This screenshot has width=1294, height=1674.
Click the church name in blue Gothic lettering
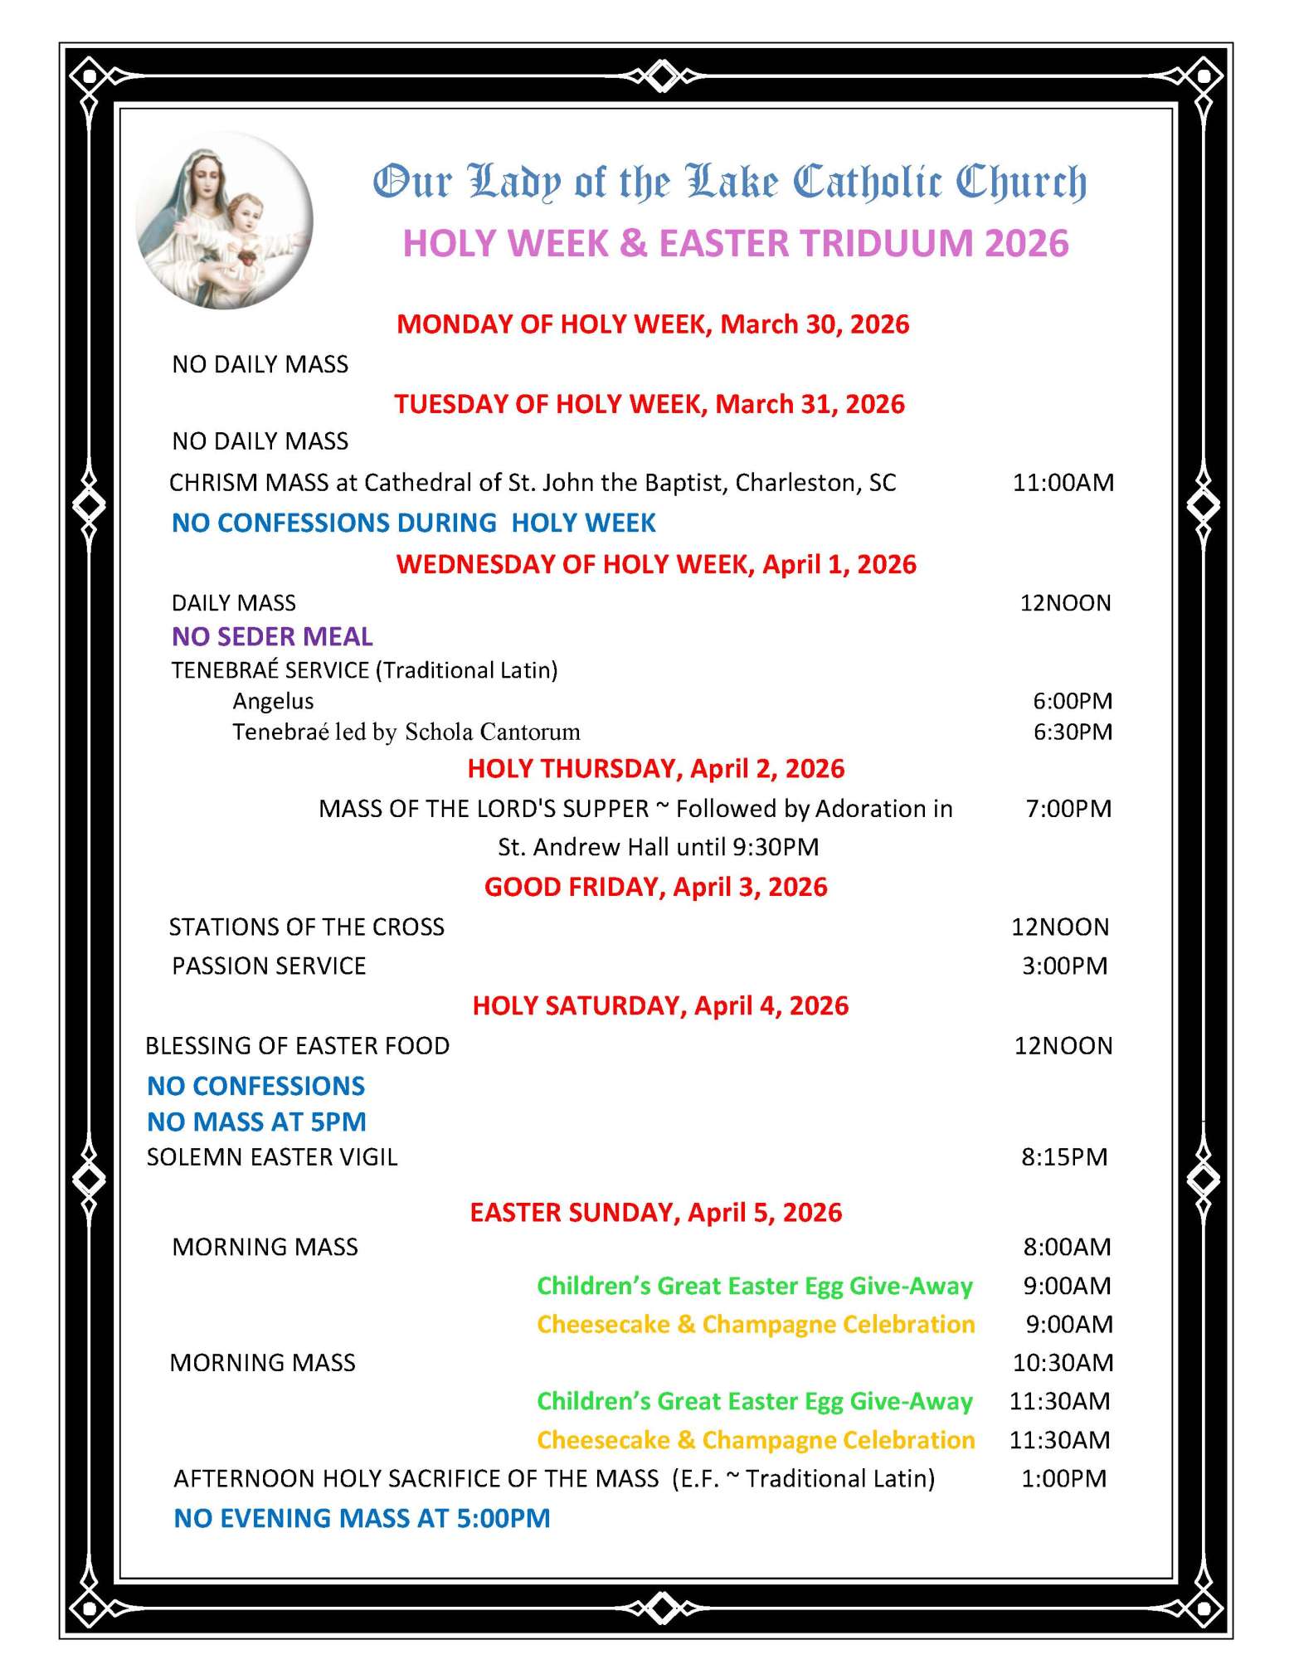[x=729, y=182]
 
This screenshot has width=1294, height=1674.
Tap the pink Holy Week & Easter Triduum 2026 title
[x=735, y=243]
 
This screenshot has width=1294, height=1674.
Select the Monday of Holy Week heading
[x=653, y=324]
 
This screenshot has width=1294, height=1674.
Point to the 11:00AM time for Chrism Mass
[x=1063, y=483]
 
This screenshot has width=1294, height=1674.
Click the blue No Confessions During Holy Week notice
[x=413, y=523]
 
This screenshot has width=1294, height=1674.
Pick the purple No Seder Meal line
[x=272, y=636]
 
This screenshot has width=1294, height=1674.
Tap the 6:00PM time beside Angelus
[x=1072, y=701]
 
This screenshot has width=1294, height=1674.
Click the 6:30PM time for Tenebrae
[x=1072, y=732]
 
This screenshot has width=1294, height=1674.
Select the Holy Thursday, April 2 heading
[x=656, y=768]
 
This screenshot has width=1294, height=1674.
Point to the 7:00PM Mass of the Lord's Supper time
[x=1068, y=808]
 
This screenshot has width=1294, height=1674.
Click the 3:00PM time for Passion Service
[x=1064, y=966]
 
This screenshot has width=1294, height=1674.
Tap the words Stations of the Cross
[x=307, y=927]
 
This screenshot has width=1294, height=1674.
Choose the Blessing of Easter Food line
[x=297, y=1045]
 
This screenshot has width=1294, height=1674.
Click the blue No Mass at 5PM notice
[x=256, y=1122]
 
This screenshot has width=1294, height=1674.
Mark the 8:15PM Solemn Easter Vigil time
[x=1064, y=1156]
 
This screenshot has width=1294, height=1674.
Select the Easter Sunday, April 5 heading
[x=656, y=1212]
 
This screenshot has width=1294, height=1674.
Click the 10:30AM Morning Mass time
[x=1063, y=1362]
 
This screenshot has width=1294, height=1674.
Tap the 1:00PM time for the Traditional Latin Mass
[x=1063, y=1478]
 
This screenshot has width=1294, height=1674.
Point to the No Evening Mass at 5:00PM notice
[x=362, y=1518]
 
